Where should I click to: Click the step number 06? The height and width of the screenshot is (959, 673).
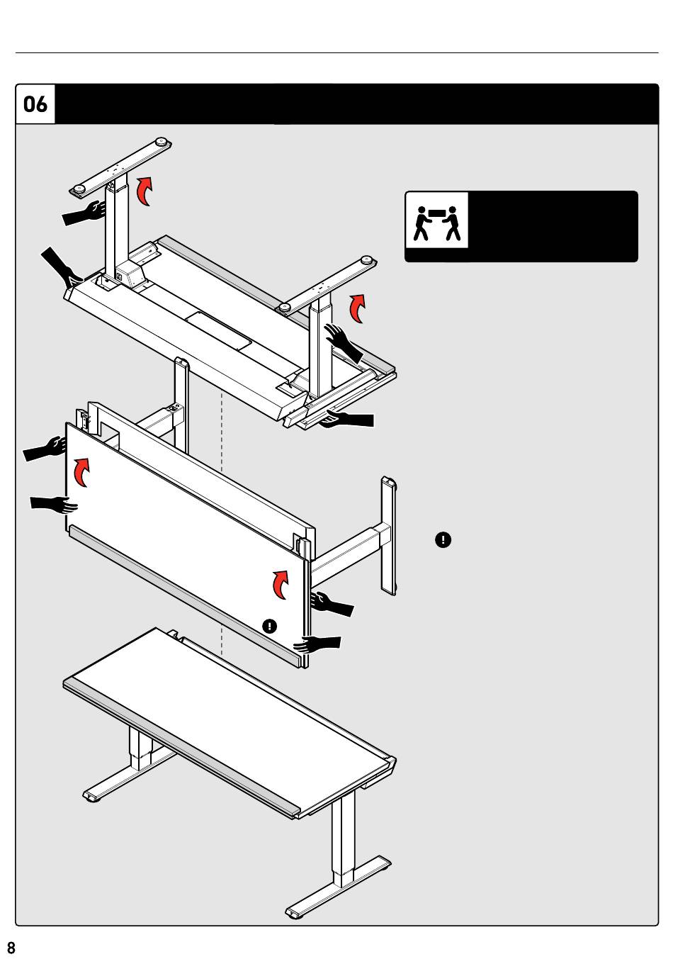[x=35, y=105]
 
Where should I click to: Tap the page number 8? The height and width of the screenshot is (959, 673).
[x=11, y=948]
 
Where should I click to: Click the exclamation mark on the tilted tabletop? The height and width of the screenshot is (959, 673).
[x=269, y=626]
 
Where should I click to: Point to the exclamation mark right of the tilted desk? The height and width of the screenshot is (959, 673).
[x=443, y=540]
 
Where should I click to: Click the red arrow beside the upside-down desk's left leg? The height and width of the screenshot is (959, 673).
[x=145, y=191]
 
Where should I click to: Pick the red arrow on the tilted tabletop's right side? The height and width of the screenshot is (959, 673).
[x=281, y=583]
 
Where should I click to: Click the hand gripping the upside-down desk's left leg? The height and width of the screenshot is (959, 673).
[x=84, y=213]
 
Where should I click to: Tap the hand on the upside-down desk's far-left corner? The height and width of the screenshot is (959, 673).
[x=60, y=266]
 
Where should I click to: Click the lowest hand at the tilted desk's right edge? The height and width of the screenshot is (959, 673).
[x=319, y=644]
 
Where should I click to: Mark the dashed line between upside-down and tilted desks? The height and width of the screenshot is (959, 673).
[x=222, y=432]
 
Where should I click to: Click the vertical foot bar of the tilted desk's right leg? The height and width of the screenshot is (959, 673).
[x=389, y=535]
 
